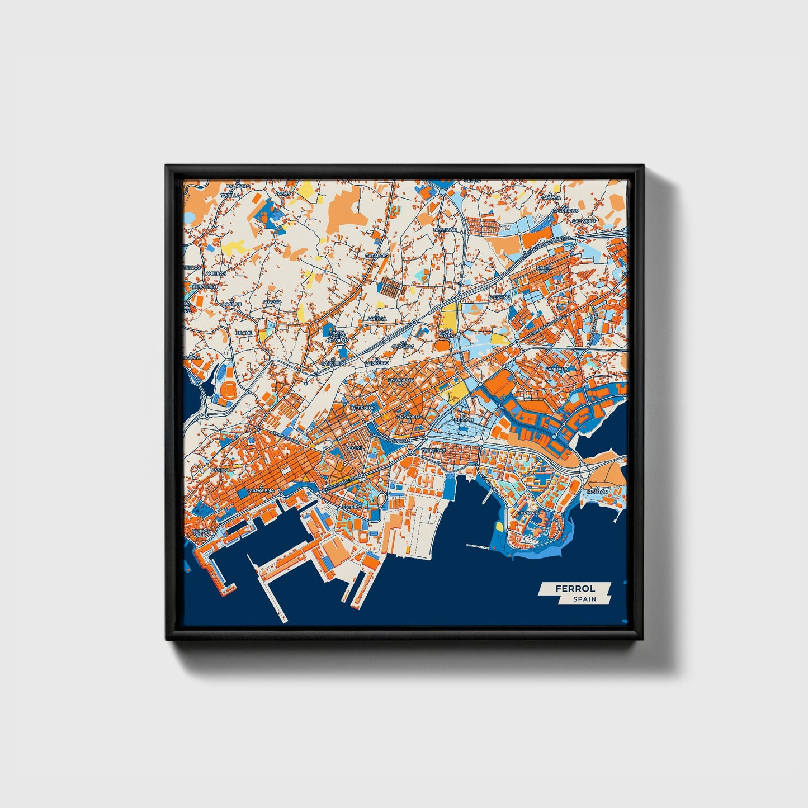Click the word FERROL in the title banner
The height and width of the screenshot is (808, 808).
[575, 589]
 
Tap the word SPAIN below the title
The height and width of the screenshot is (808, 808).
[584, 599]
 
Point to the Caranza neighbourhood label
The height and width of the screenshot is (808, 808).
[528, 512]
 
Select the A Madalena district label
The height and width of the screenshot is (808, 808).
[262, 490]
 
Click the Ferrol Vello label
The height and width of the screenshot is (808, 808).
[200, 533]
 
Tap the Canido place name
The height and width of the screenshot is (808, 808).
[220, 470]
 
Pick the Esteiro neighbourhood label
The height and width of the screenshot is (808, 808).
[352, 507]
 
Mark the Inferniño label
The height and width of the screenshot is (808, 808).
[363, 408]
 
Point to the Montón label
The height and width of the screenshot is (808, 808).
[597, 492]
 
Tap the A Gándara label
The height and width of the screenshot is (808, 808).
[556, 369]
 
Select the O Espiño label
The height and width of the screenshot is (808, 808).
[499, 297]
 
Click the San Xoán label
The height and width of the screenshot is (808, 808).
[448, 334]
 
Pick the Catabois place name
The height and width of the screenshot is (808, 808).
[376, 256]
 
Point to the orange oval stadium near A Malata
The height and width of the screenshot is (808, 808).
[229, 388]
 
